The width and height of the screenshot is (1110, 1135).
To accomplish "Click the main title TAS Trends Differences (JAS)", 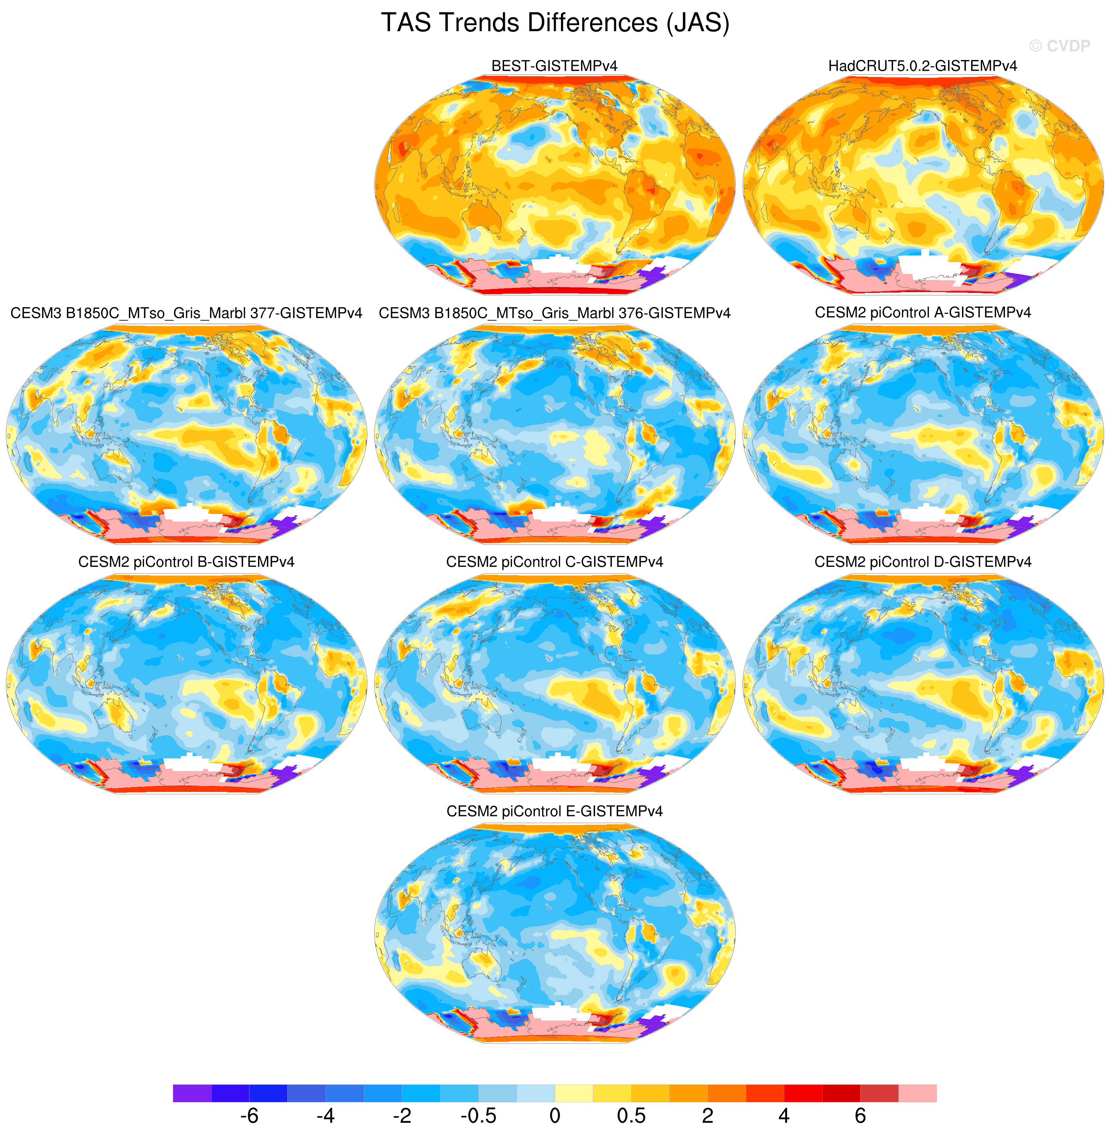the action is click(x=555, y=23).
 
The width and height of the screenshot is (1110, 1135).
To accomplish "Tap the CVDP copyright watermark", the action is click(x=1059, y=46).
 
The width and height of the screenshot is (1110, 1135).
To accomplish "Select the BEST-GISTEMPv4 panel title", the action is click(x=555, y=66).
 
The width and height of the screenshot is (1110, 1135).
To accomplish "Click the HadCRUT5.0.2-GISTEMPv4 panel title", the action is click(x=923, y=66).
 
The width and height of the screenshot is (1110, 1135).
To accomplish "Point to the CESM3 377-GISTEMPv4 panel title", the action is click(x=187, y=313).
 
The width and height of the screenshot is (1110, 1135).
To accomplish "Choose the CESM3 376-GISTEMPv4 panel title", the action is click(x=555, y=313).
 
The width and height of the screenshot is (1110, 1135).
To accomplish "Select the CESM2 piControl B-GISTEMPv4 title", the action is click(x=187, y=561).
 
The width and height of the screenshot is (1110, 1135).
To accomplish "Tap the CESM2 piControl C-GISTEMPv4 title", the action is click(x=555, y=561).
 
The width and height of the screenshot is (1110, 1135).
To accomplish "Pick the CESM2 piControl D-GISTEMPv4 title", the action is click(x=923, y=561).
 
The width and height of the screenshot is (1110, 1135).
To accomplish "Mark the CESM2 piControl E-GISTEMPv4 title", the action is click(x=555, y=811).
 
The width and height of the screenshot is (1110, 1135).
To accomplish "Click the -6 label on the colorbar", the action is click(x=249, y=1115).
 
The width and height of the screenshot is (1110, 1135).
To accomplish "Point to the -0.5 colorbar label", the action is click(x=479, y=1115).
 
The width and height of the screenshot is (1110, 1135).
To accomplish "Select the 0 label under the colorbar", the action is click(x=555, y=1115).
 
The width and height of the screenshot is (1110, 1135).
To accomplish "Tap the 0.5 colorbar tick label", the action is click(x=631, y=1115).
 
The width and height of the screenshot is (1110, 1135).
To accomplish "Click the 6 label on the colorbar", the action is click(x=861, y=1115).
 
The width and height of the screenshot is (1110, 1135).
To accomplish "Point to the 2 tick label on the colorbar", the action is click(x=708, y=1115).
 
